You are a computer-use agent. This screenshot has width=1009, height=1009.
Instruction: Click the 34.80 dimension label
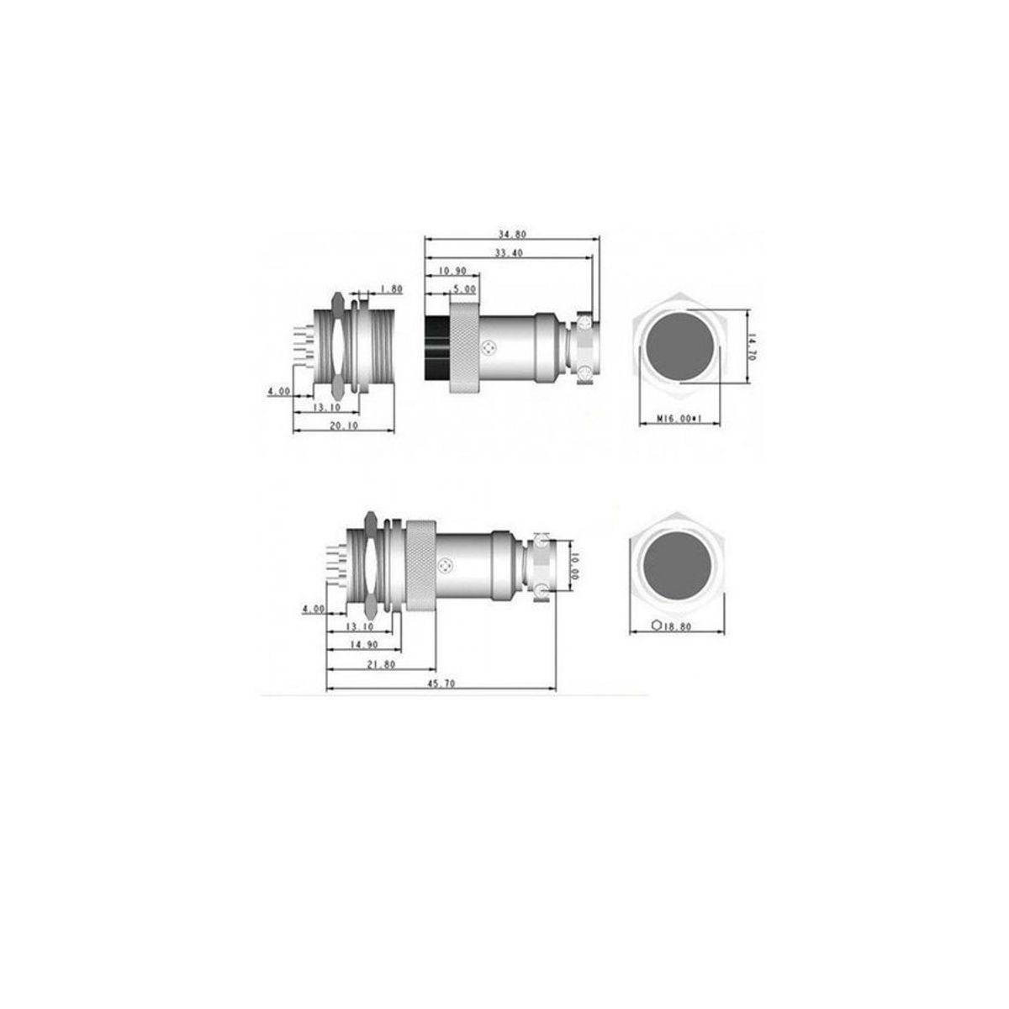511,234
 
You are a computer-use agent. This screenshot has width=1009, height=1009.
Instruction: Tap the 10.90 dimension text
453,271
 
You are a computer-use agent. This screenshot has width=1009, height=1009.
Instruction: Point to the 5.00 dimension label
464,288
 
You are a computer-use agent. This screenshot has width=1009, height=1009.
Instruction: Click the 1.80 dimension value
392,289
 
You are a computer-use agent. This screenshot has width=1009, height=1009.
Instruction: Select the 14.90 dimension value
363,645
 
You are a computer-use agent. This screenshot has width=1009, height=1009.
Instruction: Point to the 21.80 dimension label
381,664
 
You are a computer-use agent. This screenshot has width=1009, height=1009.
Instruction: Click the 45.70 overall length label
441,684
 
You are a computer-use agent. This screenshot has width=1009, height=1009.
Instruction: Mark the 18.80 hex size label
679,626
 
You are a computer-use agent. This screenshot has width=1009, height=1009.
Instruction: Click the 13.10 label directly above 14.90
359,626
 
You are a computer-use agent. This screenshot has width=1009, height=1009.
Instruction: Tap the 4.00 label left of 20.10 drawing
278,392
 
